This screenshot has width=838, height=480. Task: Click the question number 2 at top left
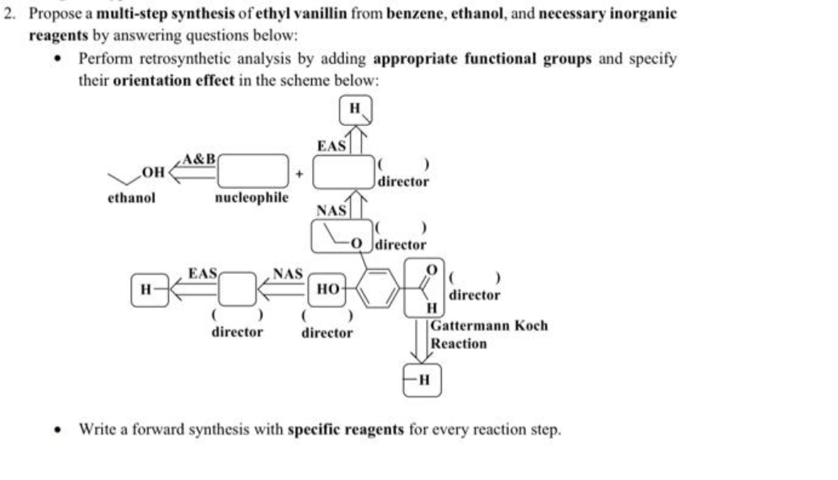pos(8,14)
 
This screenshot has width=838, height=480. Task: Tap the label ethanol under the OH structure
pos(131,197)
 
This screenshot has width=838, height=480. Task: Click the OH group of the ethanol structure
pos(150,170)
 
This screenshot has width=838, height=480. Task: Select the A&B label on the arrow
pos(198,158)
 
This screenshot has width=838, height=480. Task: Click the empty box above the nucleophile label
pos(251,171)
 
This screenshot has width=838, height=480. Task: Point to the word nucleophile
pos(251,196)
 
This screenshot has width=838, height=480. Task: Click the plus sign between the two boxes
pos(301,172)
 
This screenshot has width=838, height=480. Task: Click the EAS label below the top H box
pos(331,145)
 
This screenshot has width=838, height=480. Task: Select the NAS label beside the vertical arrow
pos(331,210)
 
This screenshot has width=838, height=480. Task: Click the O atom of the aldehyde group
pos(432,267)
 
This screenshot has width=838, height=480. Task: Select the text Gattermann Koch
pos(488,326)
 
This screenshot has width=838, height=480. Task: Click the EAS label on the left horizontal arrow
pos(201,274)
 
